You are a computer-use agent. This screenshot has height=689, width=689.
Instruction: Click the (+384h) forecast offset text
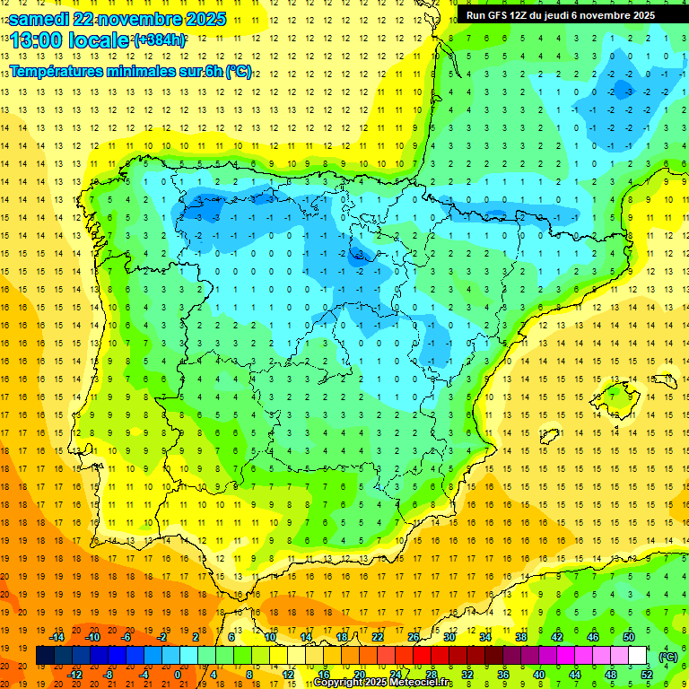point(160,40)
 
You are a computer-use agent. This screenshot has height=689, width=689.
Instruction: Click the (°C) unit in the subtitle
point(238,71)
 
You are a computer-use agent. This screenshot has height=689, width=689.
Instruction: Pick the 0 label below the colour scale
point(178,675)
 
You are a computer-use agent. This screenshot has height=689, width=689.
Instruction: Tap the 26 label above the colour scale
point(414,637)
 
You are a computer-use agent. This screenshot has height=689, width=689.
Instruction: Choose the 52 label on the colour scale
point(647,675)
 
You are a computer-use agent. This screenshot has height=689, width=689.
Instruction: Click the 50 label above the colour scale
point(629,637)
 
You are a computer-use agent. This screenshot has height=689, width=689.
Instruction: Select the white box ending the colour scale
point(638,656)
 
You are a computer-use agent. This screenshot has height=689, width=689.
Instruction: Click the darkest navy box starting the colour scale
point(45,656)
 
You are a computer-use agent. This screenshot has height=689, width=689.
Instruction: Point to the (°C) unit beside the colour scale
point(667,656)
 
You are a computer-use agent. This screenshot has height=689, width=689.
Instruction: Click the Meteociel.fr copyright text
point(383,683)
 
